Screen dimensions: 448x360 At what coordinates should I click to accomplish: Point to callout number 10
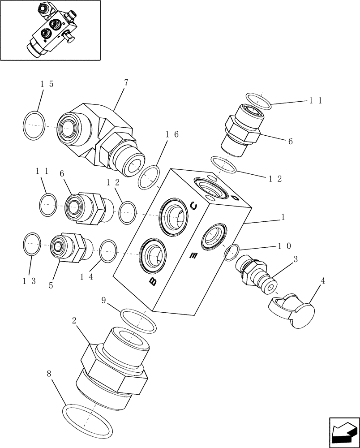point(285,246)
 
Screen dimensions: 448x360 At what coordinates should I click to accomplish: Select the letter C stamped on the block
point(194,206)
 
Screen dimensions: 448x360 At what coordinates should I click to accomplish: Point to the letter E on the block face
point(193,256)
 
